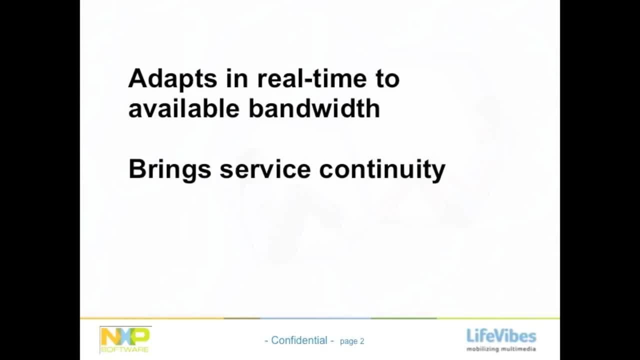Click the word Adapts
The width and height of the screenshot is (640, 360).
[x=173, y=79]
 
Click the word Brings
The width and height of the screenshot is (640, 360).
[x=170, y=170]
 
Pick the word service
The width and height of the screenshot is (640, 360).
[x=265, y=169]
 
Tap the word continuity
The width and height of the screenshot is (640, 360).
[x=382, y=170]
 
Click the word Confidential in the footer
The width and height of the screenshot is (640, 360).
[x=299, y=340]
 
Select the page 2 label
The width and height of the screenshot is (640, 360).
[x=352, y=341]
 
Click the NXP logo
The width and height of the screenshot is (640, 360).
[x=125, y=340]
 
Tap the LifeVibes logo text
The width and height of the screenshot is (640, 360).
[x=501, y=335]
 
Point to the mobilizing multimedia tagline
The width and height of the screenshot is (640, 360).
[x=501, y=349]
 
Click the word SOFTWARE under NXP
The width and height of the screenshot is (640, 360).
[x=125, y=349]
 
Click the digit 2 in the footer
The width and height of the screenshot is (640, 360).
[x=362, y=341]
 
